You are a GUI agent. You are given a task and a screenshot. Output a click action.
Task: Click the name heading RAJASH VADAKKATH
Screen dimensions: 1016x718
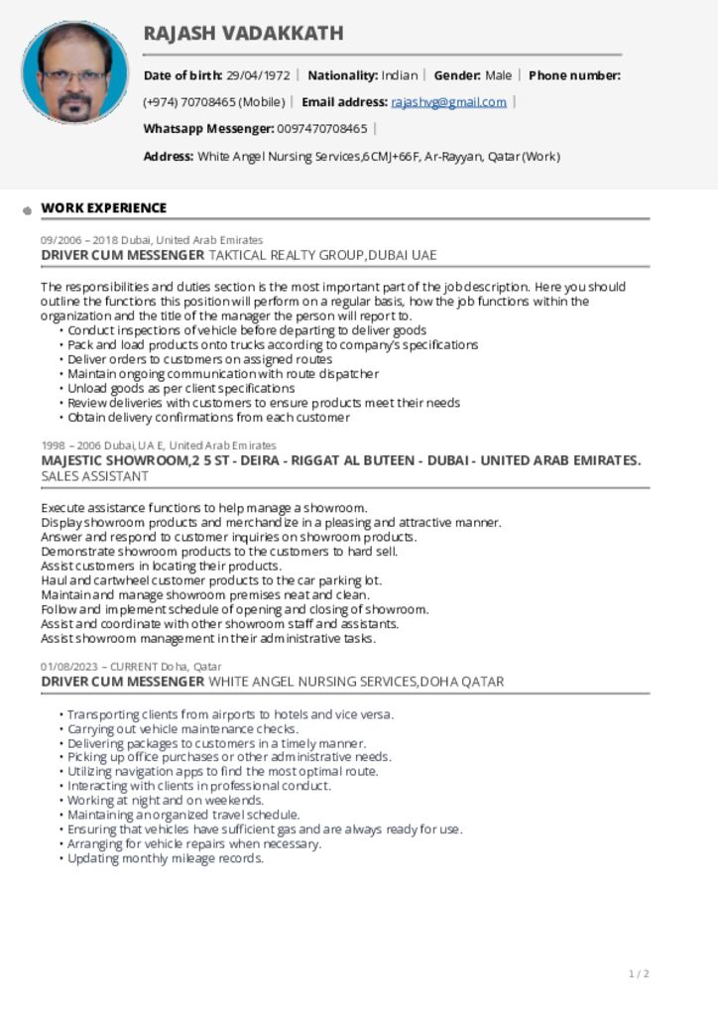[243, 34]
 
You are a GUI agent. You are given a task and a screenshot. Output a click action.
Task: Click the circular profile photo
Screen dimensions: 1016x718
[74, 72]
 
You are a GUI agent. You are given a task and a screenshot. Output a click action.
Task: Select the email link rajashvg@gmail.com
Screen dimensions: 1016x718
[448, 102]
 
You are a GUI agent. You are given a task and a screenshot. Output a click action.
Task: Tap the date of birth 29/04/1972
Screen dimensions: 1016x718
[258, 75]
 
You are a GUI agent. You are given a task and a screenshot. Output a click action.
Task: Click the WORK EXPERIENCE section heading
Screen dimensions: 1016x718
[103, 208]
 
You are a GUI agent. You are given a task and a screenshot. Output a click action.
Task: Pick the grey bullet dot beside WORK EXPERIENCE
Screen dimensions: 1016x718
[28, 210]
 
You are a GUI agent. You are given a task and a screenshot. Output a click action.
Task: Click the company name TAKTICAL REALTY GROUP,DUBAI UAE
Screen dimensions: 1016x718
[322, 255]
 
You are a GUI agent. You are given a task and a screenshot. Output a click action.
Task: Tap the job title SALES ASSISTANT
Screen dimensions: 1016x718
[95, 476]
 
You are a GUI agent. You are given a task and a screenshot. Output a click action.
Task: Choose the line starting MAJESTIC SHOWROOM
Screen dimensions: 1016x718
[340, 460]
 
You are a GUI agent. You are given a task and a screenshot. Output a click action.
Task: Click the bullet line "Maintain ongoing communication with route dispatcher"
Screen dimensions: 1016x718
[222, 374]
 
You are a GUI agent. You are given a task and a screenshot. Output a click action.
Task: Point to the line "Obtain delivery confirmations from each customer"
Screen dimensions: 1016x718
[208, 418]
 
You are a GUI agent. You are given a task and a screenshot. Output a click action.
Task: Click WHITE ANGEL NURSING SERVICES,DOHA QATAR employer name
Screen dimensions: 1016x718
[356, 682]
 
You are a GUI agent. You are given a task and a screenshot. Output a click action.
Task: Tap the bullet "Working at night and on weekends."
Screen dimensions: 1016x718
[165, 801]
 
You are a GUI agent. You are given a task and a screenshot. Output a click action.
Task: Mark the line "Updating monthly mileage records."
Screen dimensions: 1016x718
[165, 858]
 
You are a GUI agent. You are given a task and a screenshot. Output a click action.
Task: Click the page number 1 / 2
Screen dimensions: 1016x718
[639, 974]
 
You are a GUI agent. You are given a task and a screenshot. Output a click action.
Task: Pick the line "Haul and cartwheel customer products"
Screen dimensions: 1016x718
[210, 580]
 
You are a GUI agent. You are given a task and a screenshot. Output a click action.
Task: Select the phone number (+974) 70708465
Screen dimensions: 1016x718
[213, 102]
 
